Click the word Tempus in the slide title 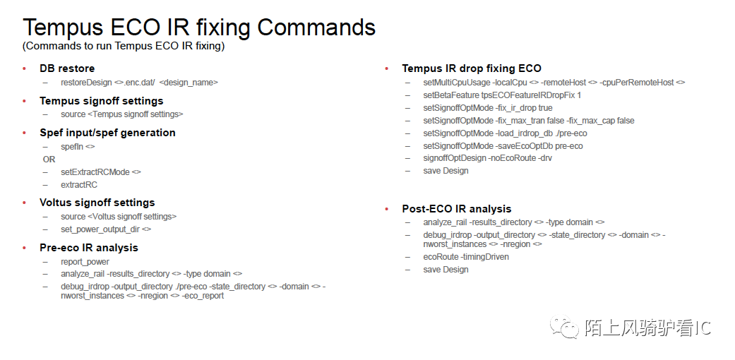[x=64, y=28]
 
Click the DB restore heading [x=67, y=68]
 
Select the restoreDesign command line [x=139, y=83]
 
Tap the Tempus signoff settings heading [x=101, y=101]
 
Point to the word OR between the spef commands [x=49, y=160]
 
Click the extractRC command [x=79, y=185]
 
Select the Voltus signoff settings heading [x=97, y=203]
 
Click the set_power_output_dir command [x=106, y=229]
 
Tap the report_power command [x=85, y=262]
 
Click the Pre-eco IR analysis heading [x=89, y=248]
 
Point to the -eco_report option [x=203, y=296]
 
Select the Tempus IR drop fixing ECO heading [x=472, y=68]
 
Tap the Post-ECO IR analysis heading [x=457, y=209]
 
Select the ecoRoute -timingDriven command [x=466, y=257]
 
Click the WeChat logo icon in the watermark [x=565, y=327]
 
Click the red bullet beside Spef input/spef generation [x=25, y=133]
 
